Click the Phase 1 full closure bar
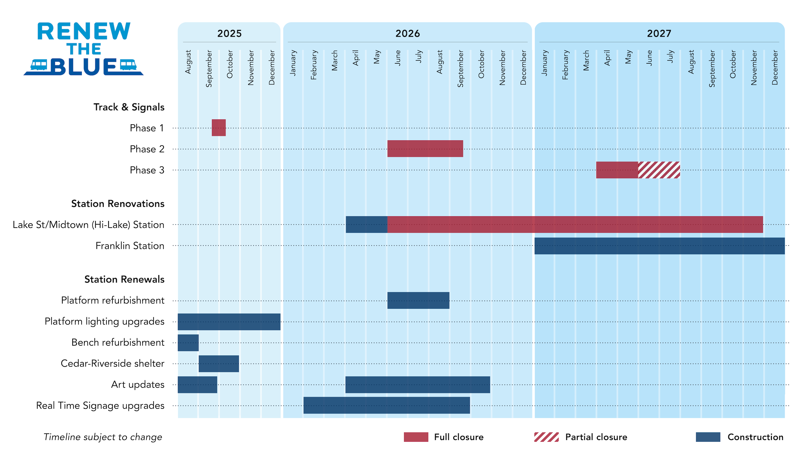pos(218,127)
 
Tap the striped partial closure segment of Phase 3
pos(659,170)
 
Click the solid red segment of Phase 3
pos(617,170)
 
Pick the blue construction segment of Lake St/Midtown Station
pos(366,224)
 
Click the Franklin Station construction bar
pos(659,246)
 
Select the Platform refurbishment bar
pos(418,301)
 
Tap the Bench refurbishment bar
pos(188,343)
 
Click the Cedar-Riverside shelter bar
pos(219,364)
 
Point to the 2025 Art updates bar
pos(197,385)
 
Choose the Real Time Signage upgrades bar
pos(387,405)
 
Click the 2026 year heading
pos(408,34)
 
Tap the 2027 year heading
pos(659,34)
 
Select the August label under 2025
pos(188,62)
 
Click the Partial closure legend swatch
pos(546,437)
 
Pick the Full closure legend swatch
pos(416,437)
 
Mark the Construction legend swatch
pos(708,437)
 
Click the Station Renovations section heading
pos(118,203)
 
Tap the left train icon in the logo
pos(39,65)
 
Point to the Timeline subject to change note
pos(103,437)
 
